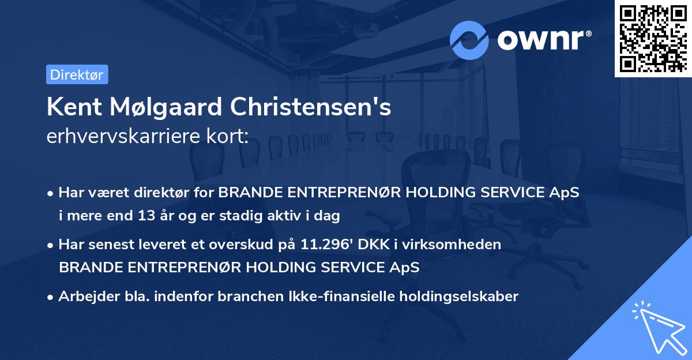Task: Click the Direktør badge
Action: tap(77, 74)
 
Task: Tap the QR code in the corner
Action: tap(653, 38)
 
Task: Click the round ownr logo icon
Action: tap(469, 40)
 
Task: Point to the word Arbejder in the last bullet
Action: tap(84, 297)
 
